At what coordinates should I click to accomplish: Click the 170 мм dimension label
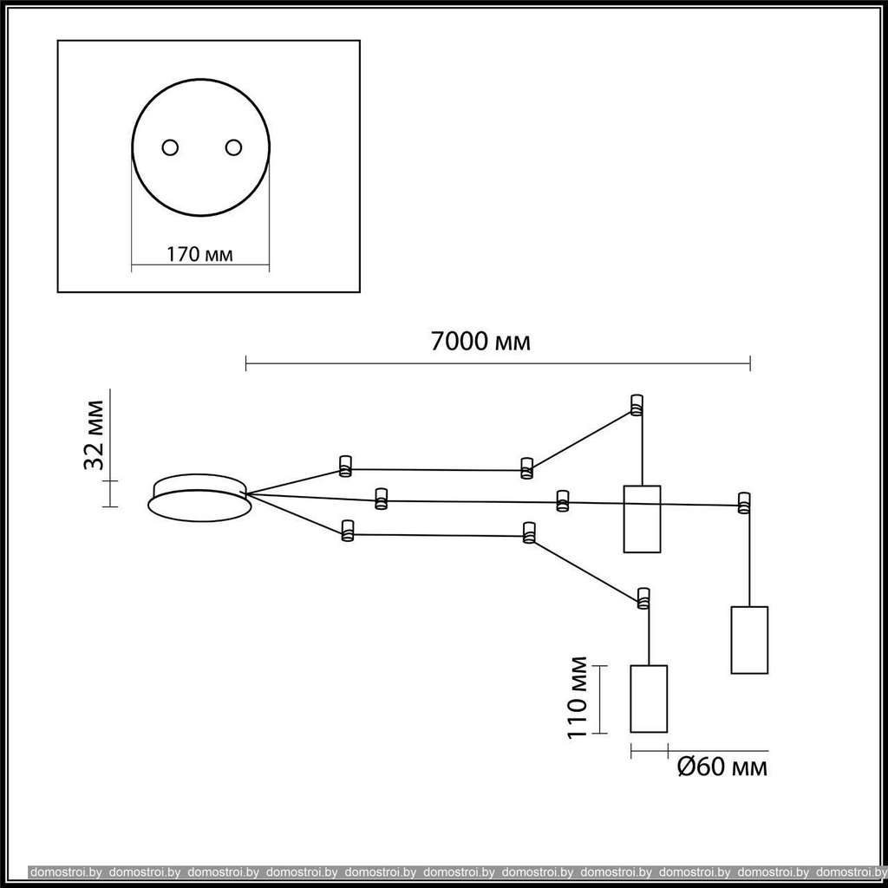[199, 254]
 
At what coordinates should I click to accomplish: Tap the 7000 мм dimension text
[480, 342]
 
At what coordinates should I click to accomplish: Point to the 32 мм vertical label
[94, 435]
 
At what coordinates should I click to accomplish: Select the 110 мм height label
[577, 697]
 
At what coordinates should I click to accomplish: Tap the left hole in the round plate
[170, 147]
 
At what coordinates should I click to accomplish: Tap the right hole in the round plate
[233, 147]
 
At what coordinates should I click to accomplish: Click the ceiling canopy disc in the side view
[199, 498]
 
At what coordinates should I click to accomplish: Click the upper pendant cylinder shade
[643, 519]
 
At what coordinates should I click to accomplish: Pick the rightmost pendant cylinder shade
[749, 640]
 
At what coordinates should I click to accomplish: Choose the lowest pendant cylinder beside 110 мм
[649, 699]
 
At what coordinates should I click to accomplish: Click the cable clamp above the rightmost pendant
[743, 503]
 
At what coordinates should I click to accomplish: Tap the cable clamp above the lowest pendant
[643, 598]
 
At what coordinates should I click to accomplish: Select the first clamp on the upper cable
[345, 466]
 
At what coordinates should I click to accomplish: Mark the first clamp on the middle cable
[382, 499]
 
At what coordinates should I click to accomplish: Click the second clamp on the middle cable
[562, 501]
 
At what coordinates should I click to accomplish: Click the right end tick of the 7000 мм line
[750, 363]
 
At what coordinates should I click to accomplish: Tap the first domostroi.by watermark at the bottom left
[66, 872]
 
